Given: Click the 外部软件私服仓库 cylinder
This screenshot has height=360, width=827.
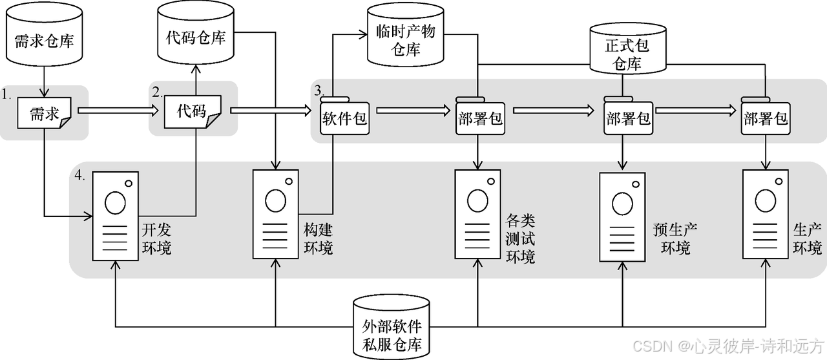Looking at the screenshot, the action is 392,327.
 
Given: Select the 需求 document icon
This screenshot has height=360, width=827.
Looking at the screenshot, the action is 45,113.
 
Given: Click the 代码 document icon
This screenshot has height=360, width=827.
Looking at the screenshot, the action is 193,112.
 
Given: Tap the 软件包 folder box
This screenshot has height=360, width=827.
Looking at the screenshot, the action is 344,116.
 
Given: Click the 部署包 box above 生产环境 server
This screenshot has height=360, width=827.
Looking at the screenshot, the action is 766,116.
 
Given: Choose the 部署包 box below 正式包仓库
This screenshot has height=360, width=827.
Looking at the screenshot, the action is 628,116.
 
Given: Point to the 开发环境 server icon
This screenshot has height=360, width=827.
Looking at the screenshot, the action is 115,216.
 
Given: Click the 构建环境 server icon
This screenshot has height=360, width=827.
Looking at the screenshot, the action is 275,214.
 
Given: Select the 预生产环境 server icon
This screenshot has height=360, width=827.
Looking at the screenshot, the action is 622,217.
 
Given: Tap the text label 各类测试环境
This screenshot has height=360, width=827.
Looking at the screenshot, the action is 520,239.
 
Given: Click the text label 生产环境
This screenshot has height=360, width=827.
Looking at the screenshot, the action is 808,239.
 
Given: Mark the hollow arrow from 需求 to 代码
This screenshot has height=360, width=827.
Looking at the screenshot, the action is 118,111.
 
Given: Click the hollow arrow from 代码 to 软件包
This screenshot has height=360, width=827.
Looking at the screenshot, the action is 271,110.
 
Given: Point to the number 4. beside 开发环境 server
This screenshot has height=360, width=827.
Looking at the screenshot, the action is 79,175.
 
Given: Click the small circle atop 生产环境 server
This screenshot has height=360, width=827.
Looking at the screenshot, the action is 779,182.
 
